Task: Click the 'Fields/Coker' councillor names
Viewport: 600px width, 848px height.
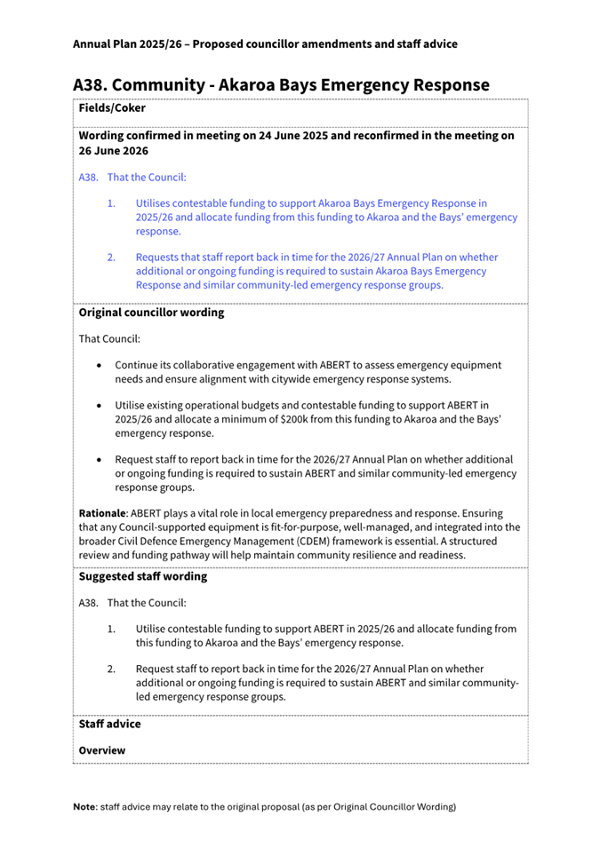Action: pos(112,108)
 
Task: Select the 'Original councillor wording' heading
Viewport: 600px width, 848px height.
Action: pos(151,313)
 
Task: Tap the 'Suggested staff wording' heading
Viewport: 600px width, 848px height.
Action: pos(143,576)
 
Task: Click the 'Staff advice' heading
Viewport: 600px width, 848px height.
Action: pos(109,724)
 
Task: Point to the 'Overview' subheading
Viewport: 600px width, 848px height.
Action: pos(102,750)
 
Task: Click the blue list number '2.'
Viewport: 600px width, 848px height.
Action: pos(112,258)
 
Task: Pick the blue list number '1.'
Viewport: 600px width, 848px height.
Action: pos(112,203)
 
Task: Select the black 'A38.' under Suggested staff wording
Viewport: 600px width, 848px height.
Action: pos(89,604)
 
